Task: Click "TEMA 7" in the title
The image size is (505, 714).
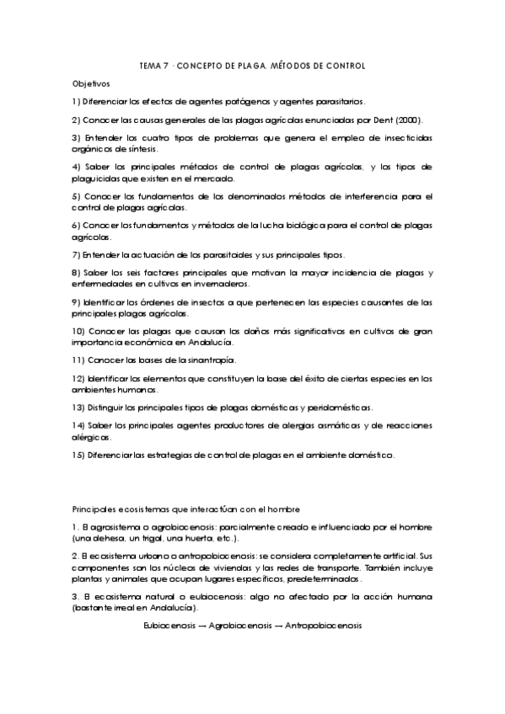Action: (x=153, y=66)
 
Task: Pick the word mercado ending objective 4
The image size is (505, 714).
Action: (x=214, y=178)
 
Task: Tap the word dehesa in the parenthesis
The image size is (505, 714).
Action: (x=103, y=538)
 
